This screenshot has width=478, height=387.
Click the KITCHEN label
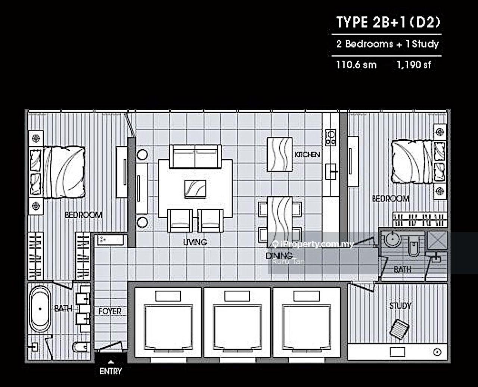click(x=307, y=155)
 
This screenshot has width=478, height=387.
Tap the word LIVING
click(x=195, y=242)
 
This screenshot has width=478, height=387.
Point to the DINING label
click(x=279, y=256)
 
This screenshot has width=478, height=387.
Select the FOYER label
click(x=110, y=311)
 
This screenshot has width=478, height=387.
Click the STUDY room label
click(x=400, y=306)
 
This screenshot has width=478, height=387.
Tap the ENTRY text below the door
click(x=111, y=371)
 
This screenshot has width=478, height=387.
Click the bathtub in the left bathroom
click(x=40, y=309)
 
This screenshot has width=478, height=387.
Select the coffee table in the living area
click(x=195, y=189)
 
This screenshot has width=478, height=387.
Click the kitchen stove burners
click(x=330, y=138)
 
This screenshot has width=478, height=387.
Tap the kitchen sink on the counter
click(x=331, y=172)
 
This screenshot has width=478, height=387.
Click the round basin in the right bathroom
click(x=392, y=239)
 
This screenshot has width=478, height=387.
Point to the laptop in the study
click(x=400, y=329)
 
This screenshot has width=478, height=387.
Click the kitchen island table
click(x=280, y=155)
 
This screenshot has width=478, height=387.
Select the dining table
click(x=280, y=222)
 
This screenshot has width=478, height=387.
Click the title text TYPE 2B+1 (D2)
click(x=388, y=22)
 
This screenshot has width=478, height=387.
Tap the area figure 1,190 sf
click(x=414, y=65)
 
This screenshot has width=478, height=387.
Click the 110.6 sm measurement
click(x=356, y=65)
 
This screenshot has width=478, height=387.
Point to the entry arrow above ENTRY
click(x=111, y=362)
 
